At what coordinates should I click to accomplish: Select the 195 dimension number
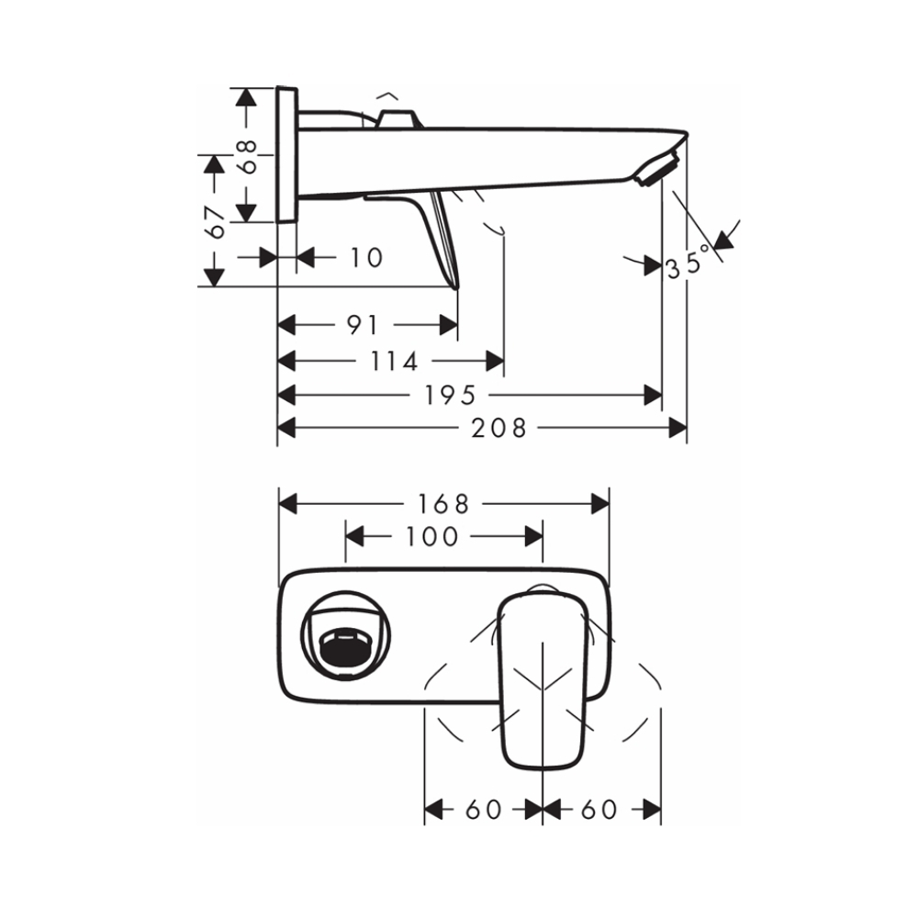pyautogui.click(x=450, y=395)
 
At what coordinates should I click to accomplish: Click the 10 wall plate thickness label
pyautogui.click(x=366, y=258)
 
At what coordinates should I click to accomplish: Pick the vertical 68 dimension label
pyautogui.click(x=243, y=154)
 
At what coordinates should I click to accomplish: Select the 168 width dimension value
pyautogui.click(x=443, y=504)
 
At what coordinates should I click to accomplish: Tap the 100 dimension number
pyautogui.click(x=431, y=536)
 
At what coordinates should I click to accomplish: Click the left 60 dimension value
pyautogui.click(x=484, y=809)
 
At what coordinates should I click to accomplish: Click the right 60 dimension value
pyautogui.click(x=599, y=809)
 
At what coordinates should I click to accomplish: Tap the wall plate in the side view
pyautogui.click(x=286, y=154)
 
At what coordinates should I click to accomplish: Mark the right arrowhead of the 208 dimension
pyautogui.click(x=678, y=427)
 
